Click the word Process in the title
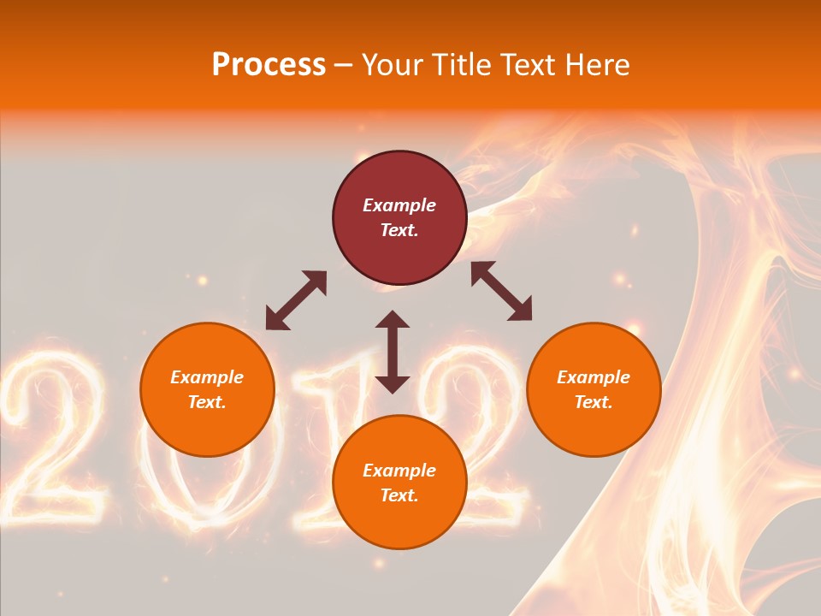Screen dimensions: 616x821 click(x=269, y=65)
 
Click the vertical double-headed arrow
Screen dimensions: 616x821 click(x=393, y=352)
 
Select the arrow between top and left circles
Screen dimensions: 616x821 click(x=296, y=300)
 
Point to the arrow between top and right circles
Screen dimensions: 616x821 click(x=502, y=291)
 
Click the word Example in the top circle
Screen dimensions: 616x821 click(x=399, y=205)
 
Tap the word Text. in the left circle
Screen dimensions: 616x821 click(x=207, y=402)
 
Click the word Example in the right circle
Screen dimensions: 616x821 click(x=594, y=377)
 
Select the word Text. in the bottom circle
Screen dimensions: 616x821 click(x=399, y=495)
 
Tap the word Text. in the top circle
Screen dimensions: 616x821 click(x=399, y=230)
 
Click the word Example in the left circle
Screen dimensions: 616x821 click(x=207, y=377)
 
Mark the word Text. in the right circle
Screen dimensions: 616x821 click(x=594, y=402)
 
